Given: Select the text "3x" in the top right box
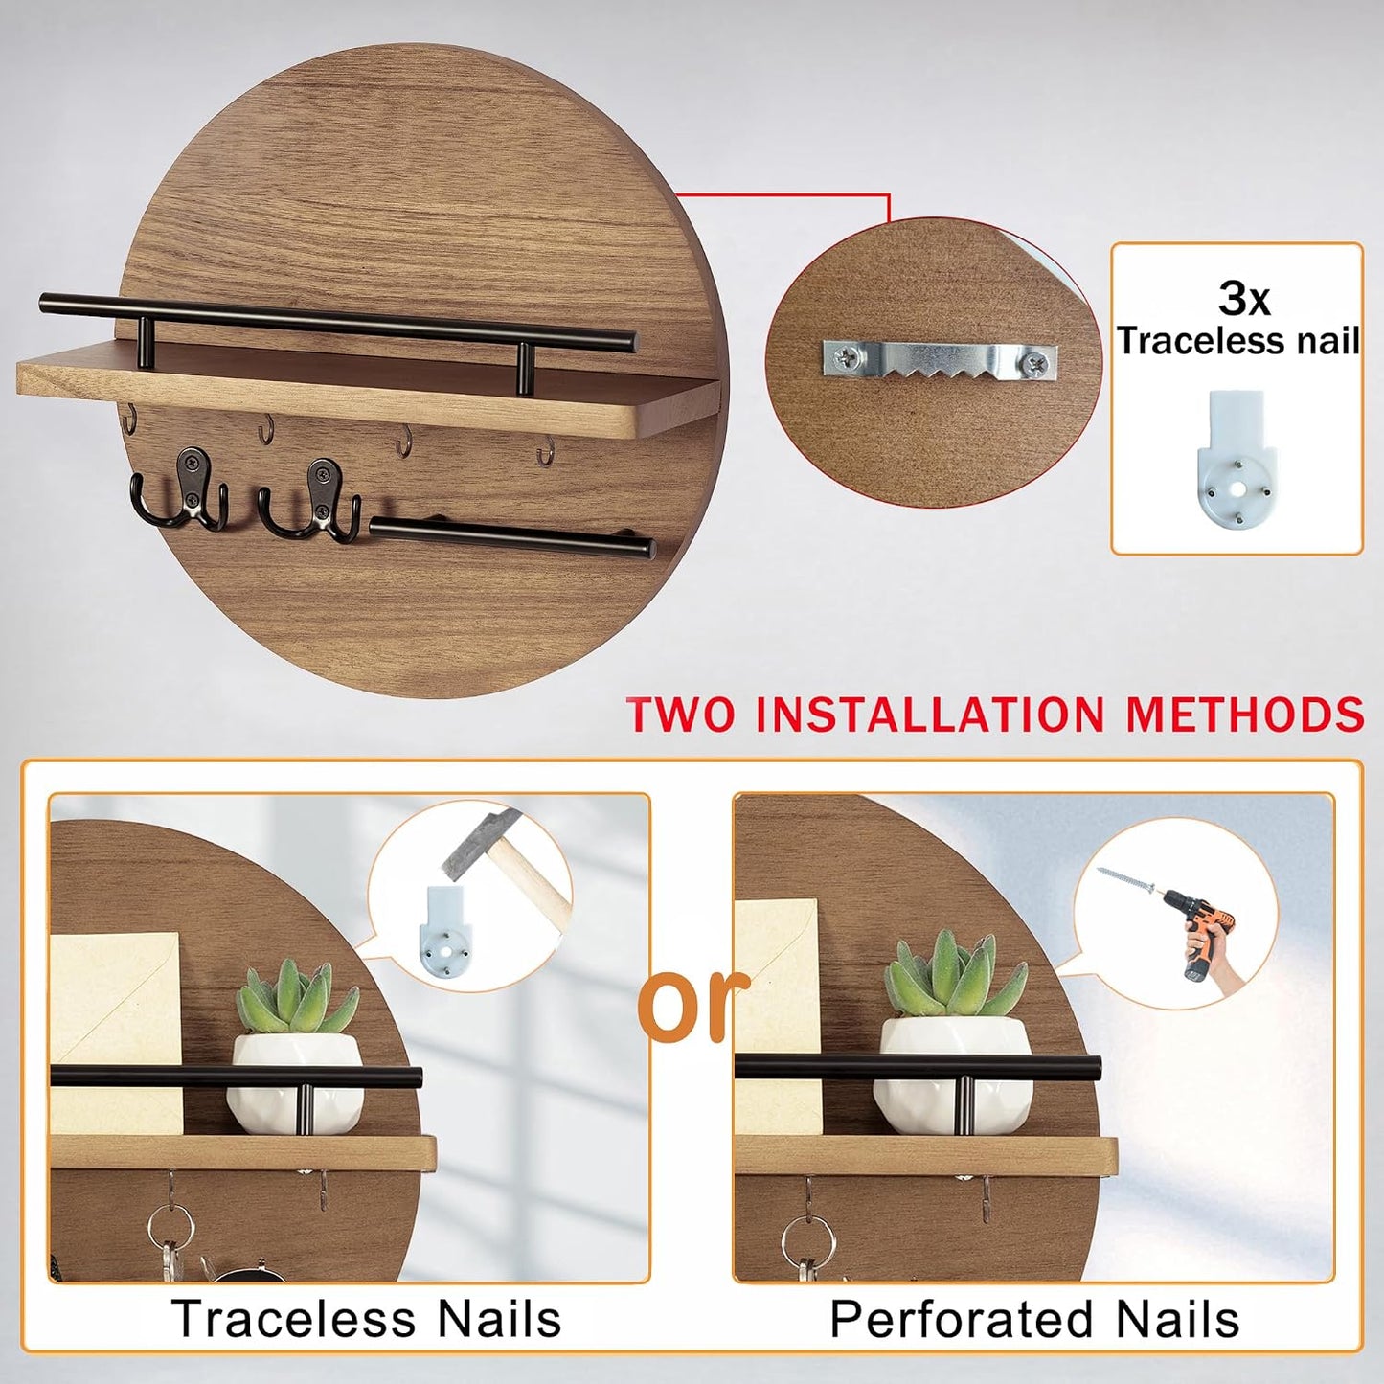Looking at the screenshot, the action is pyautogui.click(x=1243, y=299).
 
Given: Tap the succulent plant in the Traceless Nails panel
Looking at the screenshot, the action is pyautogui.click(x=297, y=996).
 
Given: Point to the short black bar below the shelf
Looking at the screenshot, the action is pyautogui.click(x=511, y=538).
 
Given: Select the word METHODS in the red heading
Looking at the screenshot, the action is pyautogui.click(x=1245, y=713).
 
